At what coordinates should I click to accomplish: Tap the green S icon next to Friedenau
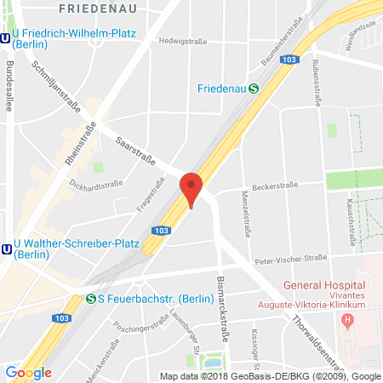tap(254, 88)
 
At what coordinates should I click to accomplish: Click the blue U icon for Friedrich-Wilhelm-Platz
tap(5, 37)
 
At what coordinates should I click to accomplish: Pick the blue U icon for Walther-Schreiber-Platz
tap(5, 249)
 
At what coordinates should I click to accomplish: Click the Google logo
tap(28, 372)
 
